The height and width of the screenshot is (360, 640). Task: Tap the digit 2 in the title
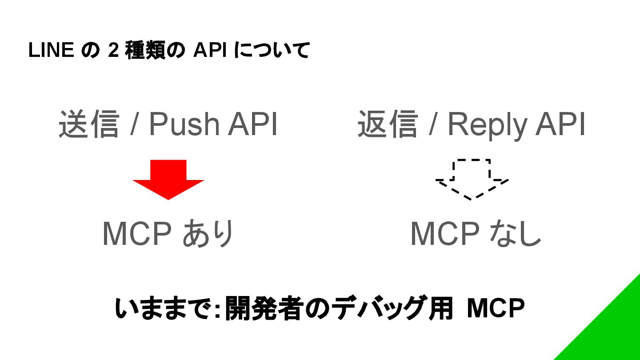pos(113,51)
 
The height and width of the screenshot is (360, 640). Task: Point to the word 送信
pos(89,124)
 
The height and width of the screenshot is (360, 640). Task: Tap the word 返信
pos(388,124)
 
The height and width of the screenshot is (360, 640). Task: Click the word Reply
pos(487,125)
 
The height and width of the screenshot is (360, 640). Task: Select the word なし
pos(515,233)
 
